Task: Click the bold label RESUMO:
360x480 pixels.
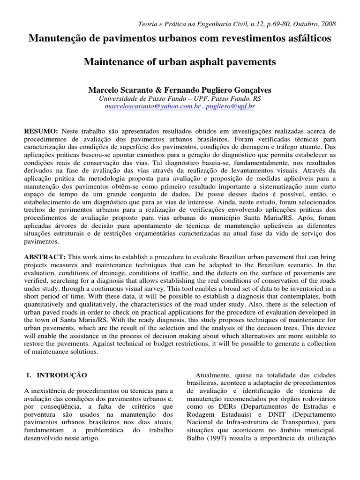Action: click(41, 132)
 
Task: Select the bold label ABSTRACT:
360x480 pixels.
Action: click(45, 257)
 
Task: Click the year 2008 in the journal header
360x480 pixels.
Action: click(327, 24)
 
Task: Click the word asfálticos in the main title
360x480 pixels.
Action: click(308, 38)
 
